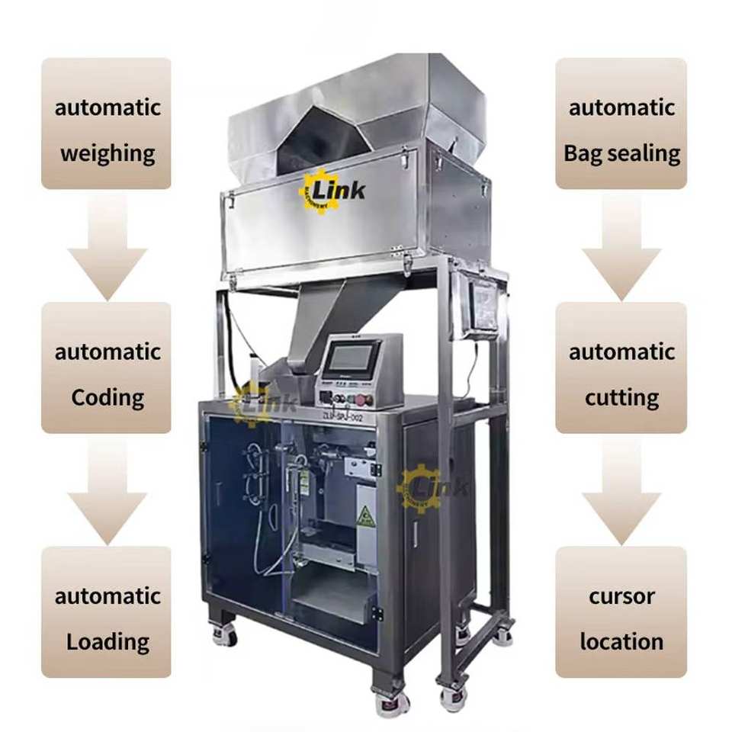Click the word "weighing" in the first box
click(107, 153)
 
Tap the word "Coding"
click(107, 397)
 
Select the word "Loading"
click(107, 641)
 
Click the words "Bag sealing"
click(621, 153)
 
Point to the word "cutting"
click(621, 397)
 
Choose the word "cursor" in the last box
click(621, 596)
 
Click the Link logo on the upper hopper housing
click(332, 190)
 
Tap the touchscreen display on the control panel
click(352, 358)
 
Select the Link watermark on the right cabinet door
click(431, 488)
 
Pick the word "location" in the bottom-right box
click(621, 641)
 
